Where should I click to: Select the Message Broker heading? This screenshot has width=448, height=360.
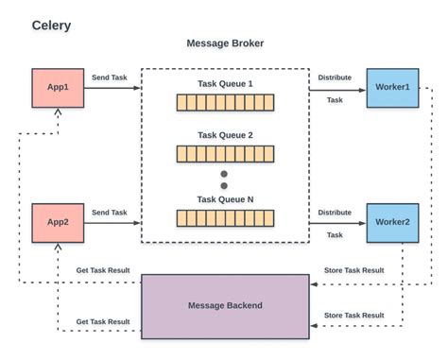coord(225,43)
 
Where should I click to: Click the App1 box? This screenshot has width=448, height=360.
coord(59,87)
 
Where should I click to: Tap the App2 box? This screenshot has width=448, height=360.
coord(59,222)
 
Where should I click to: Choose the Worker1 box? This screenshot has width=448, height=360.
coord(392,87)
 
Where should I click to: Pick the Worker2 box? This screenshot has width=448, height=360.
coord(392,222)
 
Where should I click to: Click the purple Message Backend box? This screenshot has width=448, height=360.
coord(225,305)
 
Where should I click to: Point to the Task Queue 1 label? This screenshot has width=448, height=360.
coord(225,84)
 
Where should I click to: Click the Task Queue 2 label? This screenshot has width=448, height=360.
coord(225,135)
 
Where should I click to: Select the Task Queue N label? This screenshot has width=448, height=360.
coord(225,199)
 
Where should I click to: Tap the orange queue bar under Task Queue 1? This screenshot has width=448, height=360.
coord(225,102)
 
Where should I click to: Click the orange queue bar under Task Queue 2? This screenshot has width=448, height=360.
coord(225,153)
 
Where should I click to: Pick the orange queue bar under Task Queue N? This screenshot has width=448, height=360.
coord(225,217)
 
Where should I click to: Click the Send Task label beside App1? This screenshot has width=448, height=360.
coord(110,77)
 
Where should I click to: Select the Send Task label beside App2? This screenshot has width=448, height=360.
coord(110,213)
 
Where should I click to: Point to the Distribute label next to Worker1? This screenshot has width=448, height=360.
coord(335,77)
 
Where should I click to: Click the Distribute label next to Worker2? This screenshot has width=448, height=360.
coord(335,213)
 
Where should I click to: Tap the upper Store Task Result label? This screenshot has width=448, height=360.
coord(353,270)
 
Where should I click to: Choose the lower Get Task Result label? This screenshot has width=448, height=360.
coord(103,321)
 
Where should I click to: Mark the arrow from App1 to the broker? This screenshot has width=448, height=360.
coord(113,88)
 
